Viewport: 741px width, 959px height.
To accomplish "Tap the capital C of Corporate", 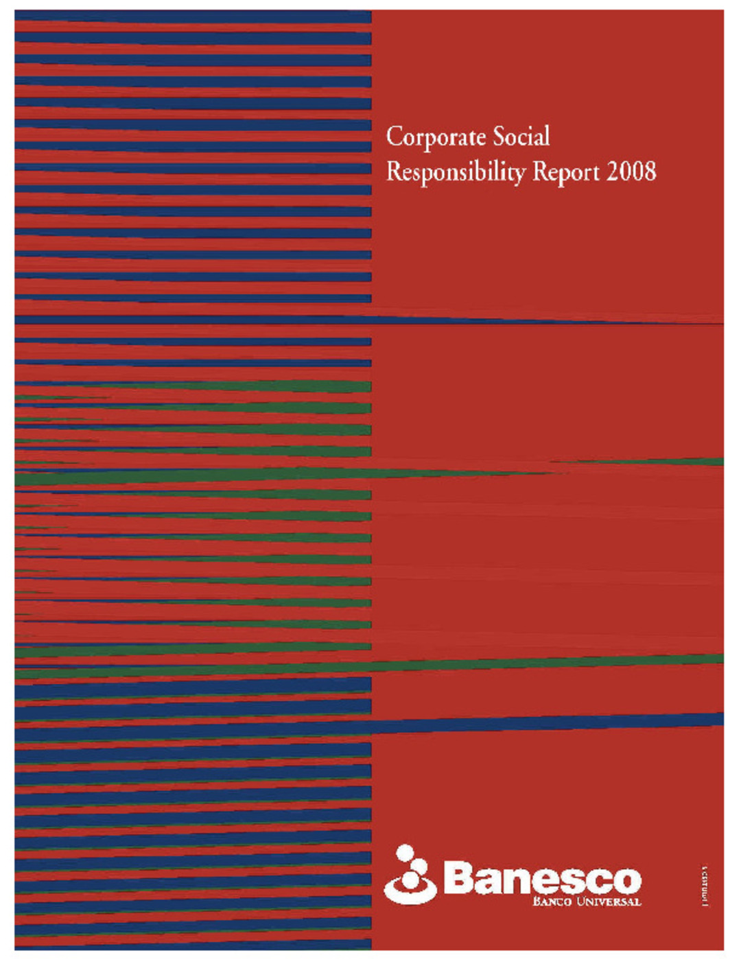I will (393, 137).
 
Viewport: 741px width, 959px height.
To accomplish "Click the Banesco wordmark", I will (542, 879).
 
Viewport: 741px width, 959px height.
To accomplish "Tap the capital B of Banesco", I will (458, 879).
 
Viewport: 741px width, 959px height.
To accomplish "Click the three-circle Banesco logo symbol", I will (410, 875).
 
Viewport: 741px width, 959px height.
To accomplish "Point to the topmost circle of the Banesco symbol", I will (405, 853).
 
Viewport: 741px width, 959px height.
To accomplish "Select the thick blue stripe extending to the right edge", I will (549, 722).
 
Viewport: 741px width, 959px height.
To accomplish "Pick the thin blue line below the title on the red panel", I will (549, 320).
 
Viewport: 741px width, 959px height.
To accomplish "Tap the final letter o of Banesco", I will (625, 880).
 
